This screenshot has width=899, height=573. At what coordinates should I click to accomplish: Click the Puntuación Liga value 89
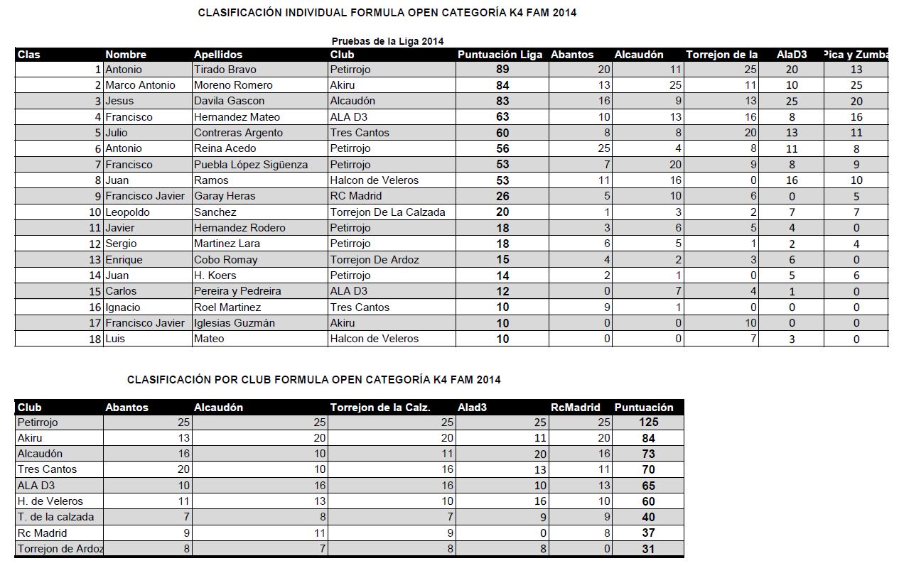point(502,70)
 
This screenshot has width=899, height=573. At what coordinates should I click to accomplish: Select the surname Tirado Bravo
point(225,70)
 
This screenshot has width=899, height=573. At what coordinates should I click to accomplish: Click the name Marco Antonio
point(140,85)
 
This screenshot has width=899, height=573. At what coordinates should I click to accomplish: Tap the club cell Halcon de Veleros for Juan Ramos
point(375,180)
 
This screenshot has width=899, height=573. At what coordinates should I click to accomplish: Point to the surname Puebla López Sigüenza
point(251,165)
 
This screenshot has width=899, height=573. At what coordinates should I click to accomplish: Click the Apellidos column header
point(218,55)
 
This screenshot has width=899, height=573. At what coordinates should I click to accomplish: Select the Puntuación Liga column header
point(500,55)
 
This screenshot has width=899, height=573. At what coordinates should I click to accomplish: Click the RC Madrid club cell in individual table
point(356,196)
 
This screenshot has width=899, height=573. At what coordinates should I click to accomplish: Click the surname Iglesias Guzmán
point(235,323)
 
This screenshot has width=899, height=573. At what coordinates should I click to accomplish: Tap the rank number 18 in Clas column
point(95,339)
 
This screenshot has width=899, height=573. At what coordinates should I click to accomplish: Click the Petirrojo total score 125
point(648,422)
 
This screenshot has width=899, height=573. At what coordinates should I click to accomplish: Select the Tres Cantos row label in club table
point(47,469)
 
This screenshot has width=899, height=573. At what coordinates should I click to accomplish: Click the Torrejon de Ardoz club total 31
point(648,549)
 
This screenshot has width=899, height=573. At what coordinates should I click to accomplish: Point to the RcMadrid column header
point(576,408)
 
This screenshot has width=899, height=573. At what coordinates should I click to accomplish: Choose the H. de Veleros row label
point(50,501)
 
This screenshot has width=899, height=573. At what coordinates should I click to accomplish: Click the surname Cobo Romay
point(226,260)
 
